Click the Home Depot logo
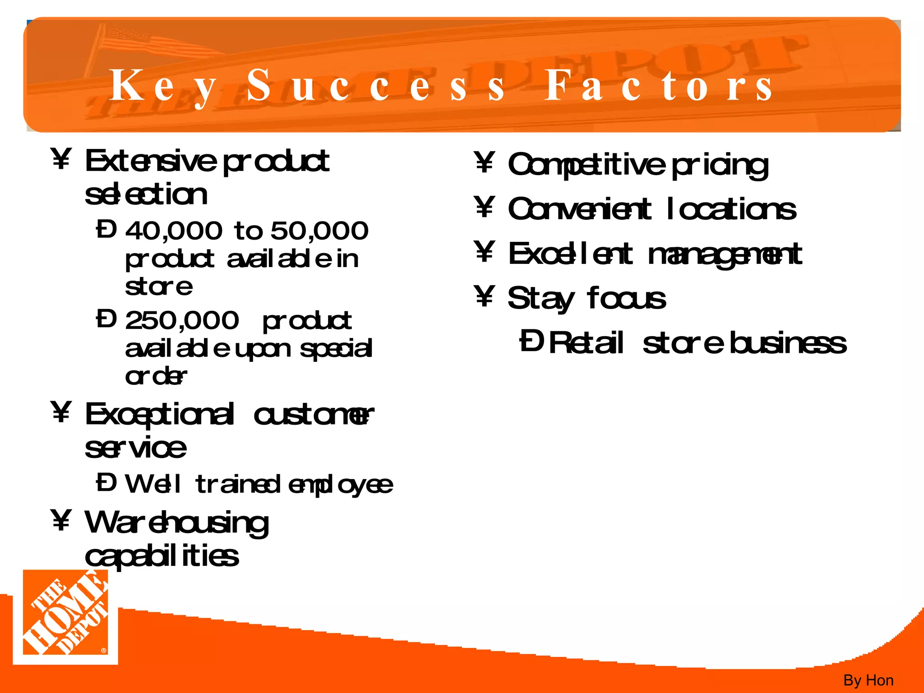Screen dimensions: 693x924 pos(65,616)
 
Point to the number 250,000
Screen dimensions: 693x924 pos(182,321)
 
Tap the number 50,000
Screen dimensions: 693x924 pos(319,231)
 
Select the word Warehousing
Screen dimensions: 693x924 pos(176,523)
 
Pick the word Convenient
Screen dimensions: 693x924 pos(580,210)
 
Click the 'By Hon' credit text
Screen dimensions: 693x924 pos(868,680)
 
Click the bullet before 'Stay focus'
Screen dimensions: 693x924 pos(485,296)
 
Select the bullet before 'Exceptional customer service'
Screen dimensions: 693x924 pos(61,411)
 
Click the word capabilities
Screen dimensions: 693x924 pos(162,557)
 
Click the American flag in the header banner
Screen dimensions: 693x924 pos(149,43)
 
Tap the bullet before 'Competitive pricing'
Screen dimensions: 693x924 pos(485,162)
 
